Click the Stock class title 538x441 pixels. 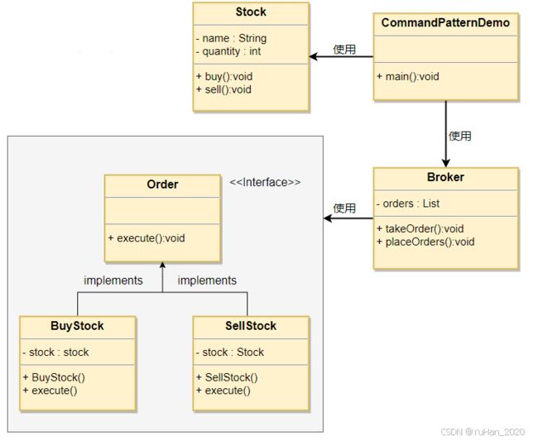click(x=251, y=12)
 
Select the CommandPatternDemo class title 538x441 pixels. click(x=445, y=22)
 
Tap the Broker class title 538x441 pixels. click(x=445, y=177)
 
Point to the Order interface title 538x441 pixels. click(x=162, y=185)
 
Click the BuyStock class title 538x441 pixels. click(x=77, y=325)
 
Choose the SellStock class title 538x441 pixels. click(x=251, y=325)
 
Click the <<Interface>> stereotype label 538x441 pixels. click(x=265, y=182)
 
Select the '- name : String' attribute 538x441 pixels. click(x=231, y=38)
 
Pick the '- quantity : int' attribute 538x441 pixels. click(x=228, y=51)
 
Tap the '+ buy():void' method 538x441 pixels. click(x=224, y=76)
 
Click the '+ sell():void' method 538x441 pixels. click(x=223, y=89)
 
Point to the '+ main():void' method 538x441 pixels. click(x=407, y=76)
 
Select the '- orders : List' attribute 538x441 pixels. click(x=407, y=204)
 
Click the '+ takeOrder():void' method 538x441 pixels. click(x=420, y=228)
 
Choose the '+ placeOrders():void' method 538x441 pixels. click(x=425, y=242)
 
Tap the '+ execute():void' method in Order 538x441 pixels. click(x=147, y=238)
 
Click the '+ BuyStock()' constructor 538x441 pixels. click(x=54, y=377)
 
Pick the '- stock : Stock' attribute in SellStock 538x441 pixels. click(x=230, y=352)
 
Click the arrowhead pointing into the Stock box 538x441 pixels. click(x=313, y=56)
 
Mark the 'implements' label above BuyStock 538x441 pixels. click(x=113, y=280)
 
